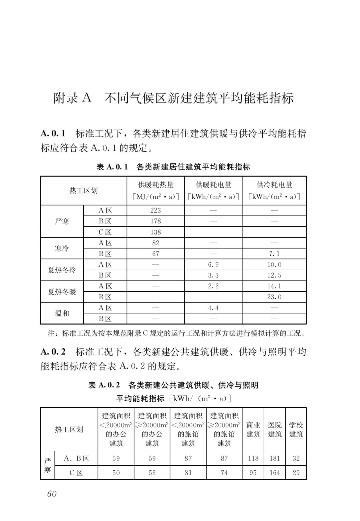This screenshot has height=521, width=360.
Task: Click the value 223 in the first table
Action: (156, 210)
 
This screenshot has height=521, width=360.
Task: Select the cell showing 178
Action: (156, 221)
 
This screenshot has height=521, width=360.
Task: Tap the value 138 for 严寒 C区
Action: (156, 232)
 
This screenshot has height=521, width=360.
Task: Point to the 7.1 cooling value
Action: (274, 254)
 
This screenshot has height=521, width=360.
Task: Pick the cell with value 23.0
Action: (274, 297)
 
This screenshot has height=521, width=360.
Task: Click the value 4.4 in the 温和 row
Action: (213, 308)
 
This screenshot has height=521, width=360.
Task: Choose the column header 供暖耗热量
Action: (156, 185)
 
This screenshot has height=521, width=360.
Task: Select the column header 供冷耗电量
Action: (274, 185)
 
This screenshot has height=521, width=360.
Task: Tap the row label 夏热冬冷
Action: (62, 270)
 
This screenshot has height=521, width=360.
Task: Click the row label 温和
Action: (62, 313)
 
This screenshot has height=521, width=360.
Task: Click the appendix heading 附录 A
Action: (73, 98)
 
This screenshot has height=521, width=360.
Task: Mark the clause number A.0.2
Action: (53, 352)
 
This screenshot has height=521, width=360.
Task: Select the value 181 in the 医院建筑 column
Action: (274, 458)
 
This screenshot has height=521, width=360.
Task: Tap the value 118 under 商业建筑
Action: (253, 458)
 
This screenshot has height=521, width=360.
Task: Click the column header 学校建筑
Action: (296, 429)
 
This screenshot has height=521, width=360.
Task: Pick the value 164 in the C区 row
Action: (274, 473)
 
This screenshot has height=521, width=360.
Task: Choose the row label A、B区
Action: (76, 458)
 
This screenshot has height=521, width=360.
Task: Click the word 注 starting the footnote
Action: (51, 333)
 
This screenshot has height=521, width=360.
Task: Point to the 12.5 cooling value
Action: (274, 275)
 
